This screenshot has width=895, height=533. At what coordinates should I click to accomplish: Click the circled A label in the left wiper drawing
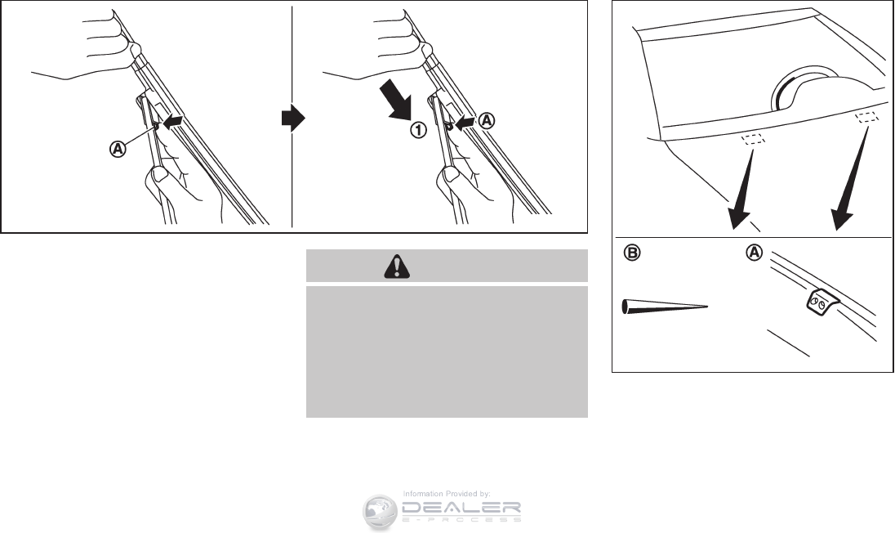tap(118, 149)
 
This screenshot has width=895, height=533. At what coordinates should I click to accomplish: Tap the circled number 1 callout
tap(418, 130)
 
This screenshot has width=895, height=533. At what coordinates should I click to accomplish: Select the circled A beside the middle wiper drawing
tap(487, 120)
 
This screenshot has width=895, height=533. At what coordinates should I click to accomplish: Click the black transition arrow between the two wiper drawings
tap(293, 119)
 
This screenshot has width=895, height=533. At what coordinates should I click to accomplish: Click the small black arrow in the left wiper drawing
tap(173, 120)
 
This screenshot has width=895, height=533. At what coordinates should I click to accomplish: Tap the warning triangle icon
tap(397, 266)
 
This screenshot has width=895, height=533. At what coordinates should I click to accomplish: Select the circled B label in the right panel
tap(632, 253)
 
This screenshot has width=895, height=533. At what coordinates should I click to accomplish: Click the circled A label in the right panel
tap(755, 253)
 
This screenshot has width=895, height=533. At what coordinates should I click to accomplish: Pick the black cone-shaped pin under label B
tap(665, 307)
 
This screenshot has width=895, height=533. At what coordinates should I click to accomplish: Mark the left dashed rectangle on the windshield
tap(753, 139)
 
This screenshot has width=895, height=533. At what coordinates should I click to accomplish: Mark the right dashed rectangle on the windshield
tap(867, 117)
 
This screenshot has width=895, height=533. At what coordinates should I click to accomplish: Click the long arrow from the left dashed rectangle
tap(744, 189)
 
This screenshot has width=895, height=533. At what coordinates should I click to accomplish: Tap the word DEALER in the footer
tap(461, 508)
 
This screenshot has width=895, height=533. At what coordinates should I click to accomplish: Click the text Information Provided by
tap(447, 494)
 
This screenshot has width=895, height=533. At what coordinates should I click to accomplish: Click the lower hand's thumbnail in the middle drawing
tap(451, 176)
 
